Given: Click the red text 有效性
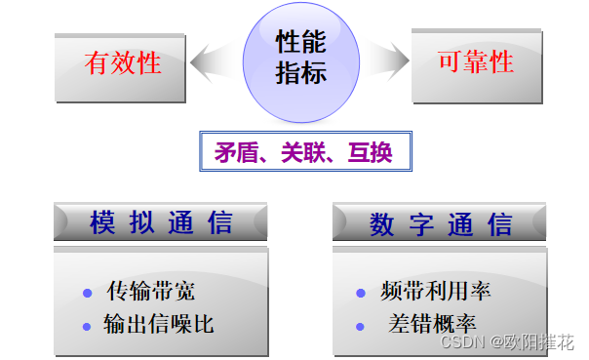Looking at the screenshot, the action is tap(123, 63).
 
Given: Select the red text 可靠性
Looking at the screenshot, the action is tap(476, 63).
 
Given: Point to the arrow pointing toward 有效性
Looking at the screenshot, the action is tap(214, 63).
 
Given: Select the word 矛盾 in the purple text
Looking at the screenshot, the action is tap(233, 153).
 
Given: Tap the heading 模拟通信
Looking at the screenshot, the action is tap(161, 222).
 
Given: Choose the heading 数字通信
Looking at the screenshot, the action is tap(441, 223).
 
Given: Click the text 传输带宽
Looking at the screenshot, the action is tap(152, 292).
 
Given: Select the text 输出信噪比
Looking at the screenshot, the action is tap(159, 324).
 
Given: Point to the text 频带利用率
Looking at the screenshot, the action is tap(436, 292).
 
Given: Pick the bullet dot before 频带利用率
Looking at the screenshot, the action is tap(361, 293).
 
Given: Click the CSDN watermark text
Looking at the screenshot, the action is tap(506, 342).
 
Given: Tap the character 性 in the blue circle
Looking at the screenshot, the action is tap(288, 42).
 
